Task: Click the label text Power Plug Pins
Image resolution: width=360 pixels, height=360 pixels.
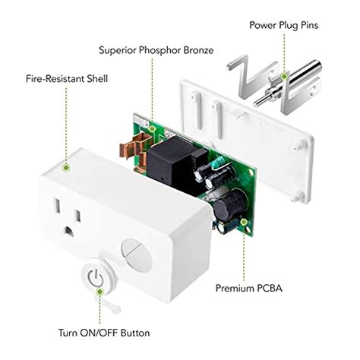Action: point(289,25)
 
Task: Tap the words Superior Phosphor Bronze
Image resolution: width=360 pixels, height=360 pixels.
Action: point(156,50)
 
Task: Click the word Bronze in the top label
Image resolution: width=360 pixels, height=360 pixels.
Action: point(195,50)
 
